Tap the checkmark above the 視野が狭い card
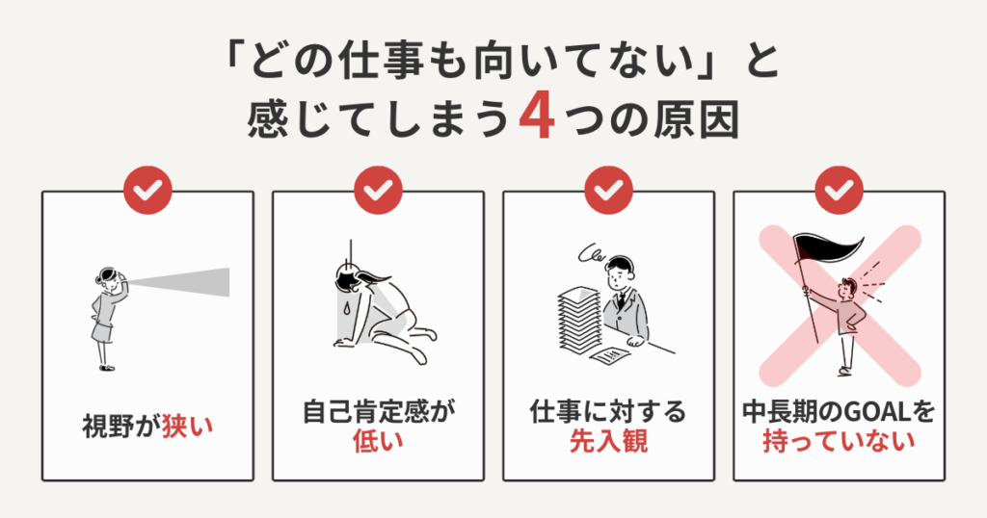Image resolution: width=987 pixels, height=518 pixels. point(147,192)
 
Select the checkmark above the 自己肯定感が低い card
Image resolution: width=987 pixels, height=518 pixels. point(378,192)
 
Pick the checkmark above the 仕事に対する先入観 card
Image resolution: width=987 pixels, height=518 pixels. point(607,192)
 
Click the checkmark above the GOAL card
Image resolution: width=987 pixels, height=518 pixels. point(839,192)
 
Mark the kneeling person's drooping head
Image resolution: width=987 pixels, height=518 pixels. point(347,280)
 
